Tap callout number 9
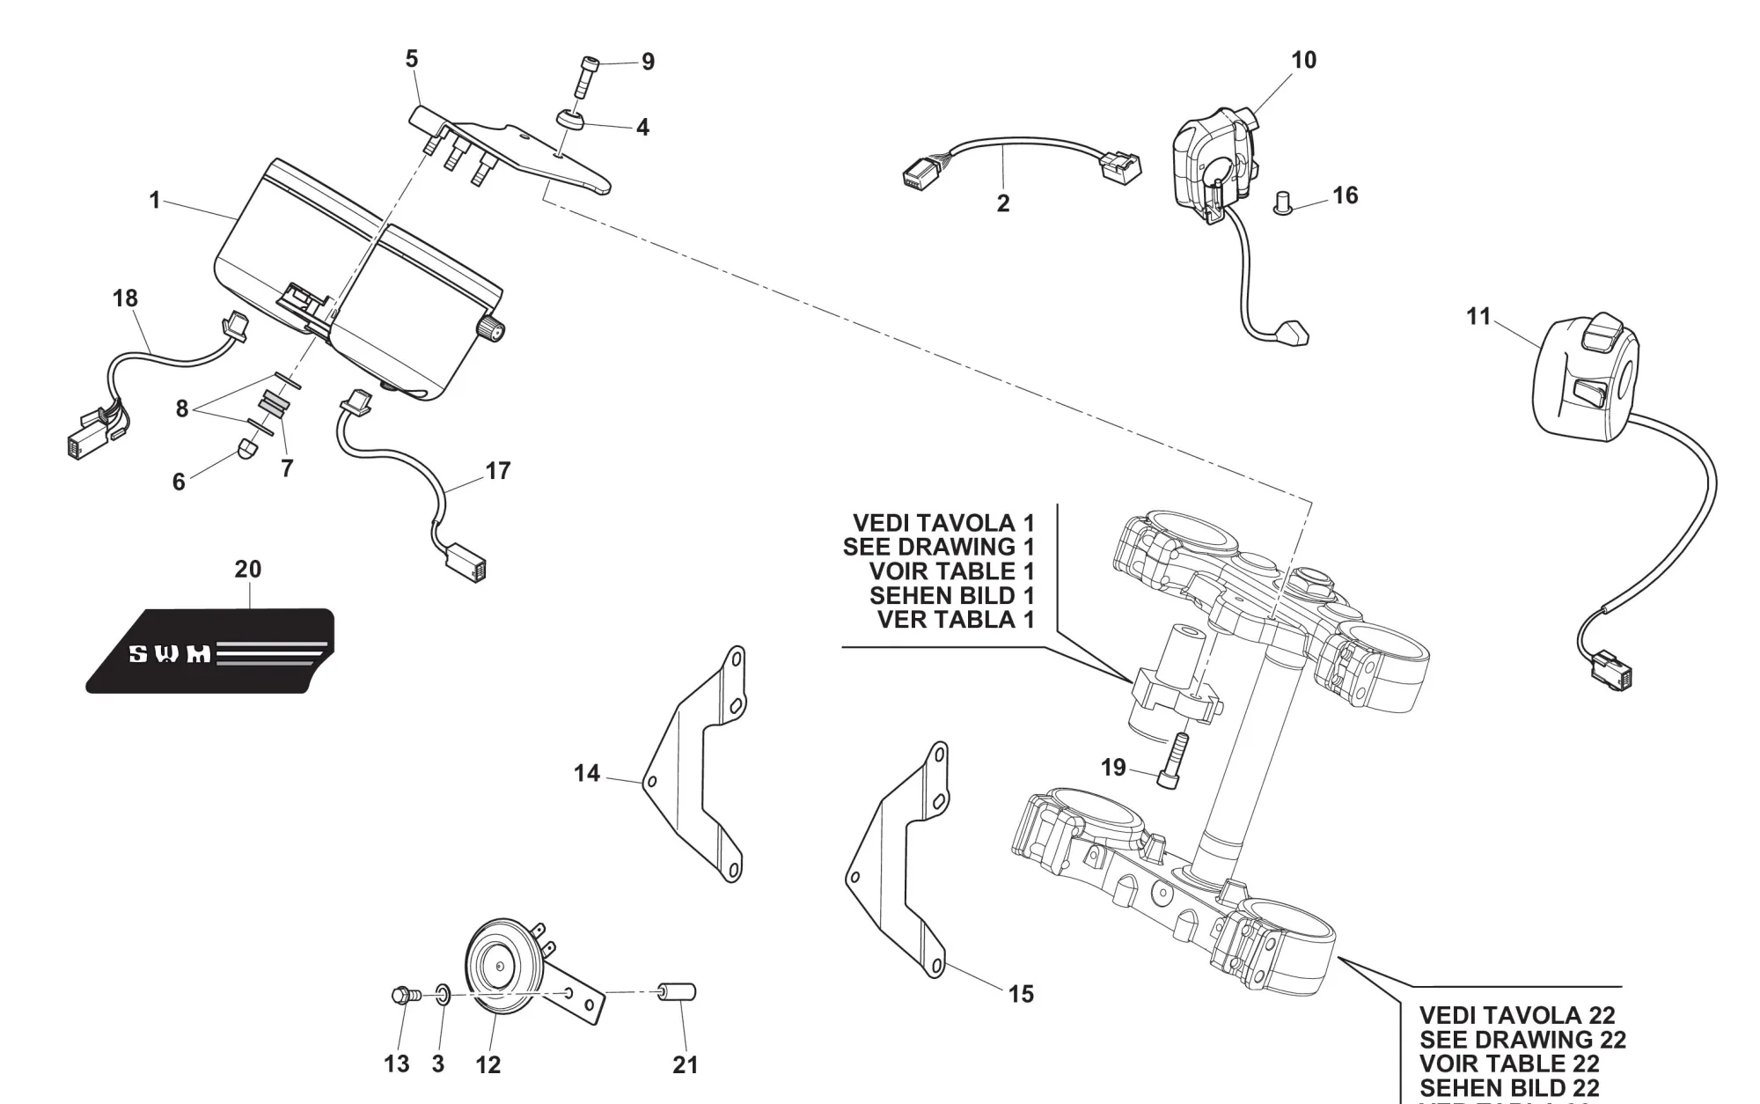648,62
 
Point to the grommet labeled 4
570,119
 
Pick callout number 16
1345,195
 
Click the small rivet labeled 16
1283,205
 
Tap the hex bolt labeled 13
404,996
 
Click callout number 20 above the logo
247,570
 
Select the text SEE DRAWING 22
1522,1040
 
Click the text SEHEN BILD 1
951,595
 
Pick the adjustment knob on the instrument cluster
491,331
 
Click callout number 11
1478,316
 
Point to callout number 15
1021,994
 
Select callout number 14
587,773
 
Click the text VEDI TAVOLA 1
943,523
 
